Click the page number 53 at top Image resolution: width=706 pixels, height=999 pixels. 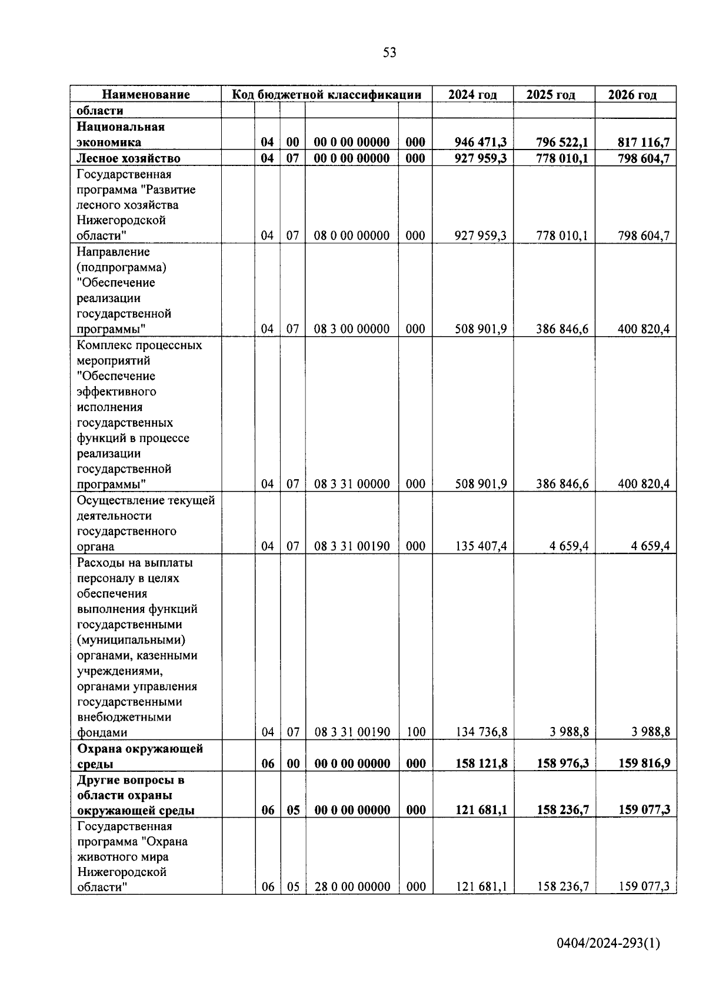[x=389, y=53]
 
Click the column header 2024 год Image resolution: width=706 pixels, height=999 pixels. [x=472, y=95]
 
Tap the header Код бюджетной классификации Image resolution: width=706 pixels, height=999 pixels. [x=327, y=95]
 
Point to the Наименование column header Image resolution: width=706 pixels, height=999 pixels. [x=146, y=95]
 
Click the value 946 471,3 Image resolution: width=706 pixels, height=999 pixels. [x=481, y=142]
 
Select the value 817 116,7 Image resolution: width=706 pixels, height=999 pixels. [x=643, y=142]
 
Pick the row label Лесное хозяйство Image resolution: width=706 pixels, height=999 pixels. [x=128, y=158]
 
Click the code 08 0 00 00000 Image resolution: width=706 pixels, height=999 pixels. [x=351, y=236]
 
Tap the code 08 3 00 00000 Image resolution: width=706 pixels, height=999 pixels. [x=351, y=329]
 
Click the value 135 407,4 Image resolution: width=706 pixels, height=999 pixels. [x=481, y=546]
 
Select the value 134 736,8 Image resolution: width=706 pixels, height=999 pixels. [x=481, y=732]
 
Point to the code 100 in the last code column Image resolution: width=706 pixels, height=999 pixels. [x=415, y=732]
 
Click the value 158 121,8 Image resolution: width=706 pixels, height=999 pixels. [x=481, y=764]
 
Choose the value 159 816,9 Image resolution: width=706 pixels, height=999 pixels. [x=643, y=764]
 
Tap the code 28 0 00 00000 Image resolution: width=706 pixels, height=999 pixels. [x=352, y=887]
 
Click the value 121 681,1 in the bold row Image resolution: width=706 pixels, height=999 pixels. [x=481, y=810]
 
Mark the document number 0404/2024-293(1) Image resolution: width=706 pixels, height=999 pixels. [x=608, y=944]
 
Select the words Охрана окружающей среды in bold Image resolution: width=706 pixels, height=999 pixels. [x=139, y=756]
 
